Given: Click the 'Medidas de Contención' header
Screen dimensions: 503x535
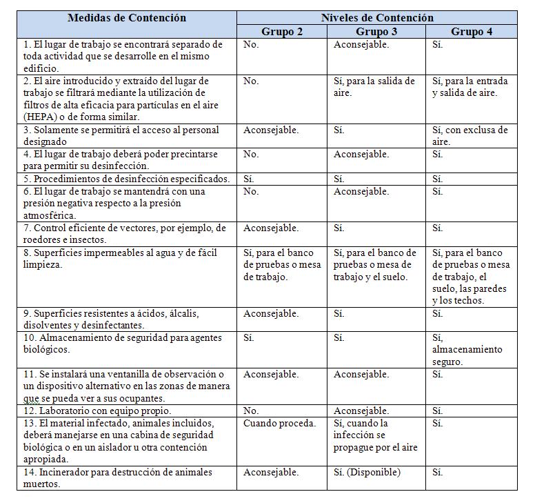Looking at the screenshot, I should pos(126,18).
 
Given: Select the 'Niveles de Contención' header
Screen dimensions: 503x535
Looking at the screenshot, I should pos(376,18).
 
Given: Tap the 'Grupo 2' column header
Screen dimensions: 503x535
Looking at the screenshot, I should pos(281,32).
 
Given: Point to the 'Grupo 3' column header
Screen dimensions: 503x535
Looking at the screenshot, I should pos(376,32).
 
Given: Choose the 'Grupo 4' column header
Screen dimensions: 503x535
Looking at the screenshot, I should pos(472,32).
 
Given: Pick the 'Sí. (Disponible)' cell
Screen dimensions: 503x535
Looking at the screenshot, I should pos(367,473).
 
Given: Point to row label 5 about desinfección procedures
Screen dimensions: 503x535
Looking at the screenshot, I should pos(126,179).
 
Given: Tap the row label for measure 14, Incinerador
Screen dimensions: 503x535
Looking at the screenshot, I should pos(117,478).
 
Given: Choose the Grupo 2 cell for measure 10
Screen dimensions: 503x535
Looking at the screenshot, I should pos(250,338).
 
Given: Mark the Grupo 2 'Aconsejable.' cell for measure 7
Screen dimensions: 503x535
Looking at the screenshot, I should pos(271,228).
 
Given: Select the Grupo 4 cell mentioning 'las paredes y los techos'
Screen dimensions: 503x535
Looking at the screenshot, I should pos(471,277).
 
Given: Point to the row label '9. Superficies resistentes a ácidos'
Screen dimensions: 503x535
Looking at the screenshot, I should pos(110,319).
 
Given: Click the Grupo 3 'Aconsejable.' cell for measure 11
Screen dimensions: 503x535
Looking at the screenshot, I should pos(361,375).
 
